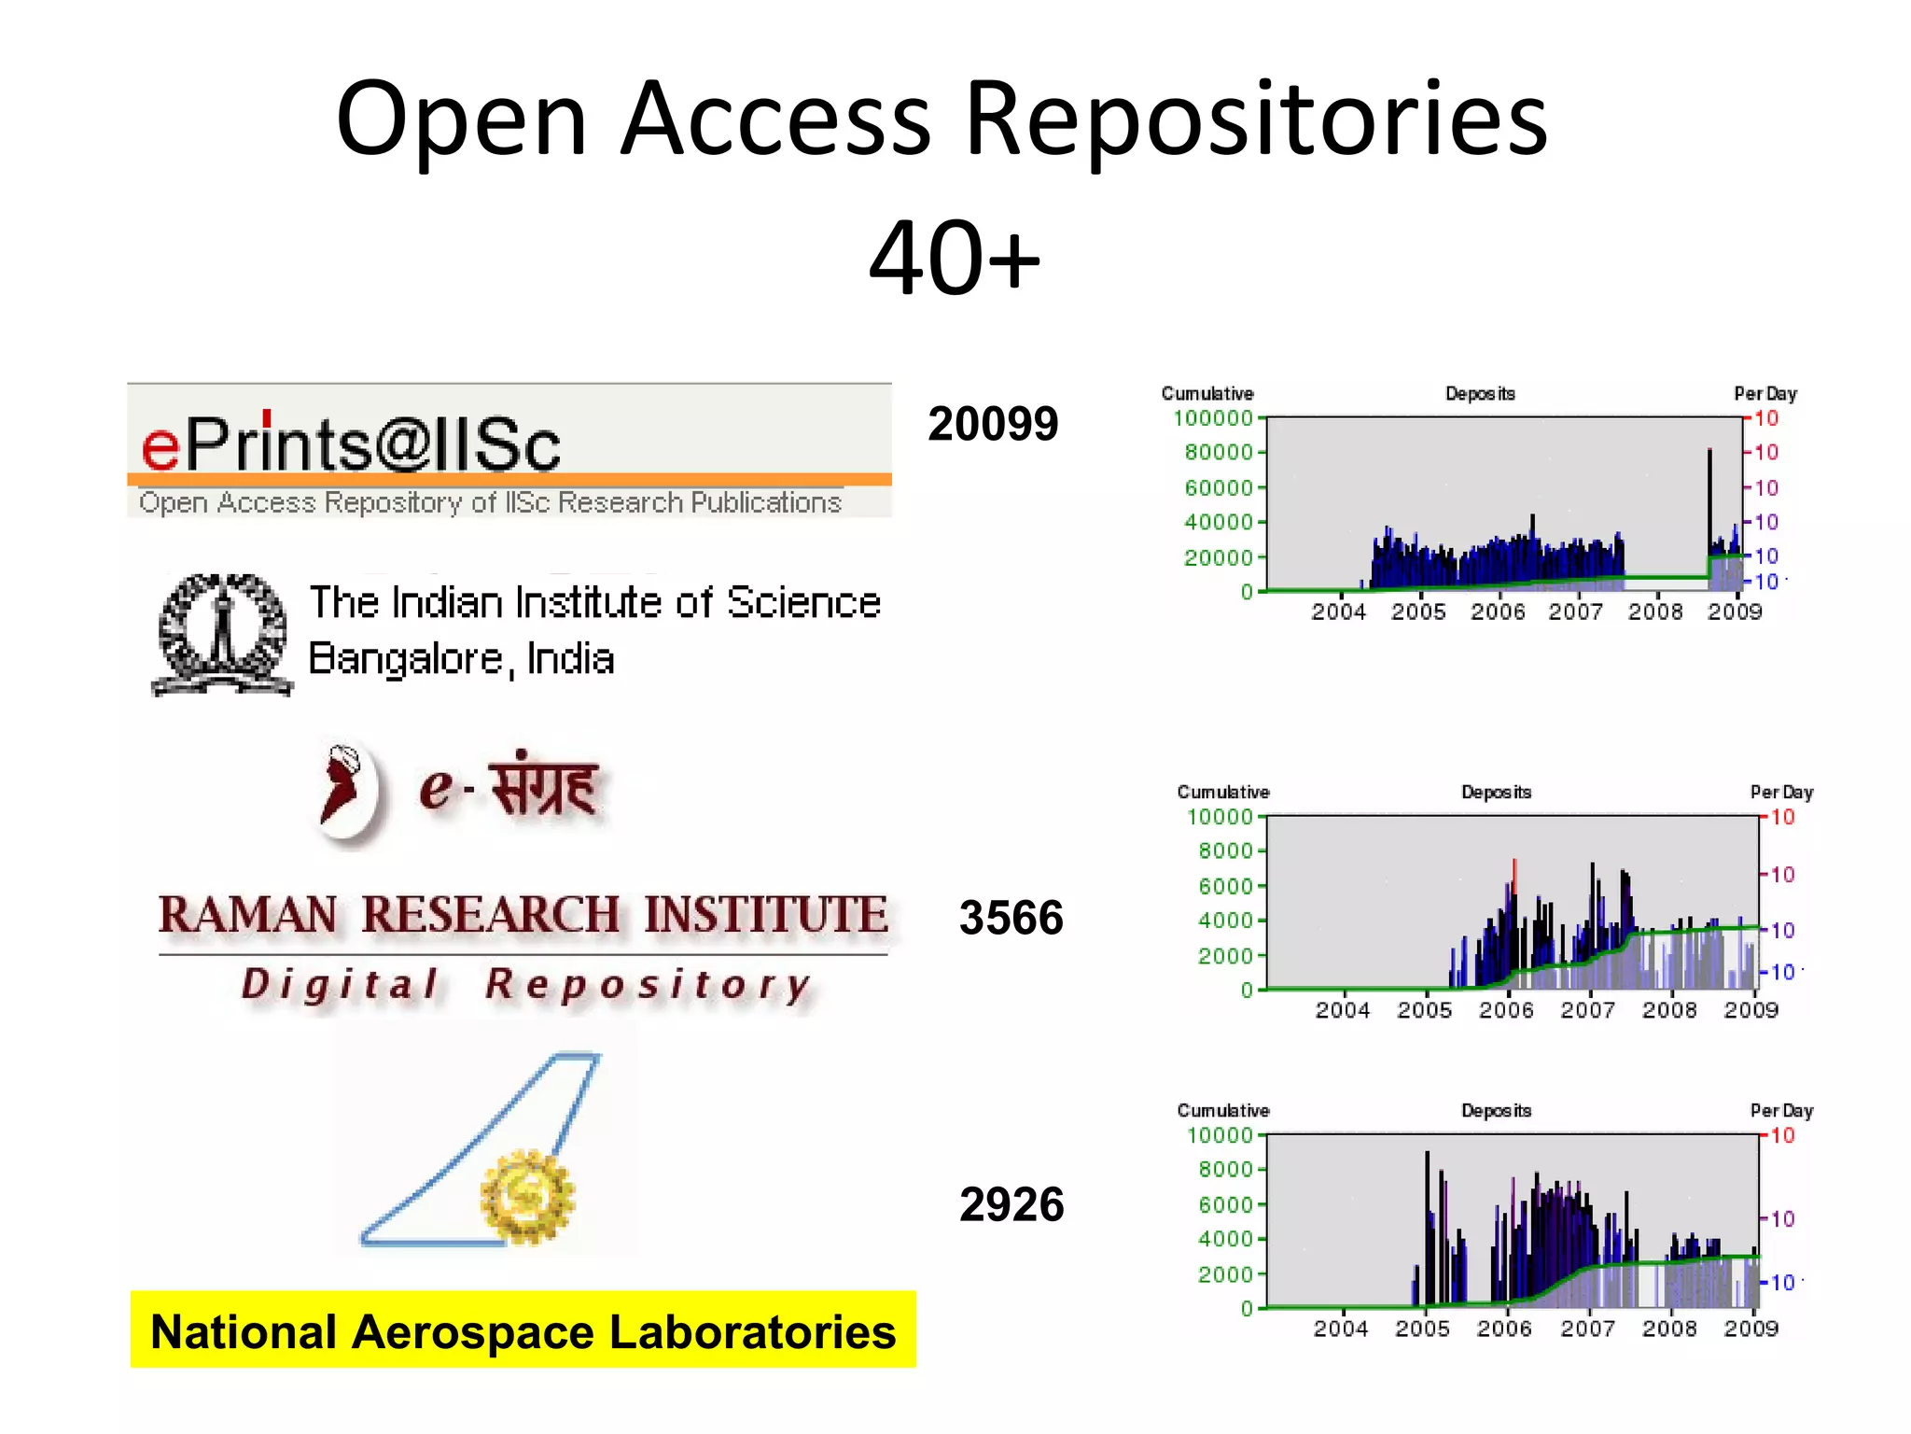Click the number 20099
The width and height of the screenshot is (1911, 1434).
[993, 424]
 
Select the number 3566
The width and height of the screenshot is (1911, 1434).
[1011, 918]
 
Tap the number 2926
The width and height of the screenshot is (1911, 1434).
[1011, 1204]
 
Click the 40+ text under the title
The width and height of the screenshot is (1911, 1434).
[954, 257]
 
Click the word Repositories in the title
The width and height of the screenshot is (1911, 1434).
[1255, 119]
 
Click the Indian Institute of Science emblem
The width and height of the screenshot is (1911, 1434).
[222, 634]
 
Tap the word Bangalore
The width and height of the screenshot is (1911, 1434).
[406, 659]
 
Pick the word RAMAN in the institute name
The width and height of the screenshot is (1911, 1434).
[248, 915]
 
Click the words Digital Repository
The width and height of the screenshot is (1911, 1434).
[526, 985]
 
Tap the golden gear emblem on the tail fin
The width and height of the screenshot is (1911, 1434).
[527, 1197]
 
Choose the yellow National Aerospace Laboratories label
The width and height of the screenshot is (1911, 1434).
[523, 1330]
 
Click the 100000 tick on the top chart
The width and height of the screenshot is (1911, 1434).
[1212, 418]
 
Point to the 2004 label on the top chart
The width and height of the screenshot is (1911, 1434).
[1338, 612]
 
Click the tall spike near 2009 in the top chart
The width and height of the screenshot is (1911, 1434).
[1709, 504]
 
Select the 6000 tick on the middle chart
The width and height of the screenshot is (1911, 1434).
[1225, 885]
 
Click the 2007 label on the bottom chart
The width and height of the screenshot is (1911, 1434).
[1587, 1328]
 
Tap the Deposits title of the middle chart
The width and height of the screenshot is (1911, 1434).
[1496, 792]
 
